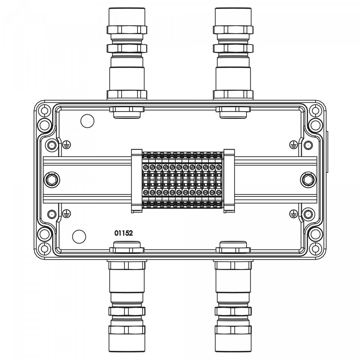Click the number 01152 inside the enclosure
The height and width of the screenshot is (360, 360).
[x=124, y=233]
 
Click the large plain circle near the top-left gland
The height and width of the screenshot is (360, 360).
[x=87, y=121]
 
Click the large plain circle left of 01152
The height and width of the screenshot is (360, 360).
[x=79, y=237]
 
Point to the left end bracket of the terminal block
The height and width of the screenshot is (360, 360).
[x=137, y=181]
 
